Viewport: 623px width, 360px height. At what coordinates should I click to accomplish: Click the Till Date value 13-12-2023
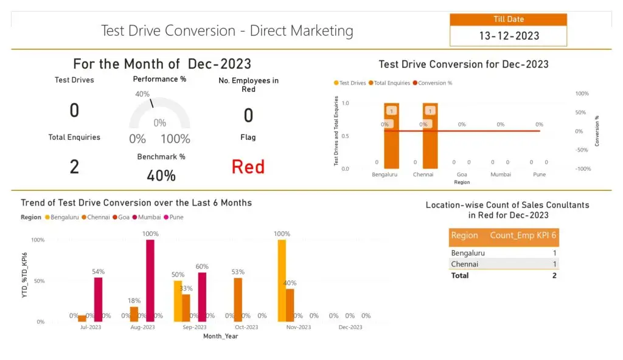509,36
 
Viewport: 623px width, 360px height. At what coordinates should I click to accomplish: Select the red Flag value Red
248,167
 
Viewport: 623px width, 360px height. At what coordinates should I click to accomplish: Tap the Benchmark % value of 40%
161,176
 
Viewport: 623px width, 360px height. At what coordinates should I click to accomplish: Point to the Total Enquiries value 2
74,166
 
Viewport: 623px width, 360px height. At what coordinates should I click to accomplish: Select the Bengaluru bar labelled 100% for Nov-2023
282,280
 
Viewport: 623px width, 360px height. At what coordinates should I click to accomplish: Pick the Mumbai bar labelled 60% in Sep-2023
202,297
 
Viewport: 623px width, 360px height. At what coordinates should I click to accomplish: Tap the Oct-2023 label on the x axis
246,327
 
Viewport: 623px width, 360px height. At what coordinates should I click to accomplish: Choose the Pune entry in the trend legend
176,217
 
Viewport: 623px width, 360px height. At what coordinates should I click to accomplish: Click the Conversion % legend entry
434,83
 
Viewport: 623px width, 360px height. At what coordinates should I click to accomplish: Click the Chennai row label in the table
464,264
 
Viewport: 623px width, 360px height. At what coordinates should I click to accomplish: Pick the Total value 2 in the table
554,275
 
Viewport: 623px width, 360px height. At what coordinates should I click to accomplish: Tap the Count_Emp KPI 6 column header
523,235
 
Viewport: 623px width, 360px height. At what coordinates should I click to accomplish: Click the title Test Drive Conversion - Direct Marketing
226,30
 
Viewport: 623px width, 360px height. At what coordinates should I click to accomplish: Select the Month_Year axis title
221,336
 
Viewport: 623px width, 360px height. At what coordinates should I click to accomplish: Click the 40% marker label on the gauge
142,94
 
